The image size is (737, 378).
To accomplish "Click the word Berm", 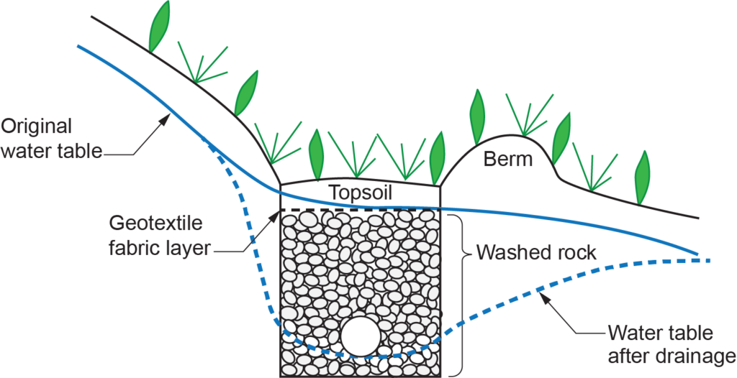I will tap(509, 159).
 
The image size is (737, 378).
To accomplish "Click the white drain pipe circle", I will tap(362, 336).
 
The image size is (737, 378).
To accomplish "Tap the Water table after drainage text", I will tap(660, 344).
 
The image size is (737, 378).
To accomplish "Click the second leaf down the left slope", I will tap(246, 93).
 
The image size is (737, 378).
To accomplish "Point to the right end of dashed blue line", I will tap(709, 260).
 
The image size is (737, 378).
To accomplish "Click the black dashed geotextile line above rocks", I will tap(360, 210).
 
